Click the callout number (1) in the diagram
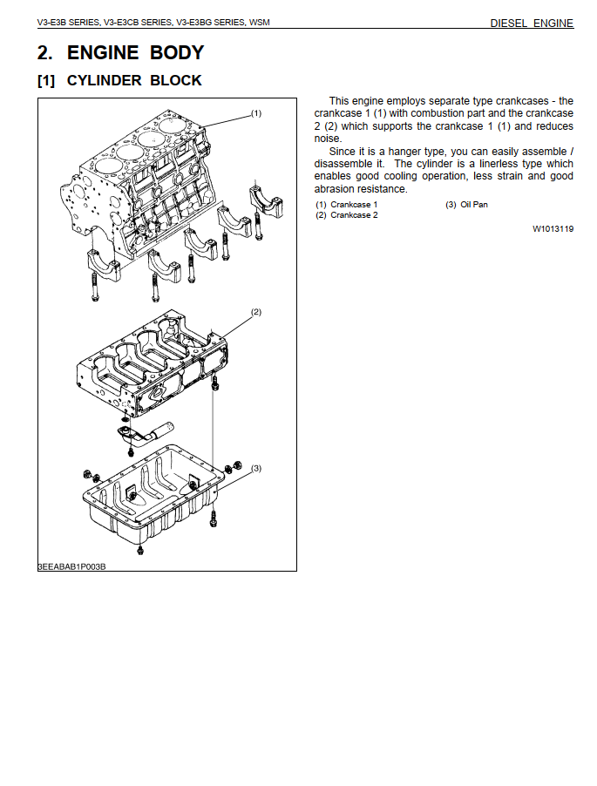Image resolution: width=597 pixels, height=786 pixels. [x=256, y=113]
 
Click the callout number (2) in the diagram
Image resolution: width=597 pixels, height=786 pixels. [x=256, y=312]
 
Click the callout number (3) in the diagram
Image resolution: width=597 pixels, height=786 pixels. [x=256, y=468]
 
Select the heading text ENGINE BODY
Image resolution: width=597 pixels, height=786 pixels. [x=135, y=52]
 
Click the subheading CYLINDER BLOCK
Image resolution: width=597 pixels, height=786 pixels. [x=134, y=80]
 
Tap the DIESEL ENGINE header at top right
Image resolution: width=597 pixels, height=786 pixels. [x=532, y=23]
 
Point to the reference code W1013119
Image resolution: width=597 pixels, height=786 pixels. [x=553, y=229]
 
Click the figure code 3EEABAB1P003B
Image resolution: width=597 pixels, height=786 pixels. [x=71, y=567]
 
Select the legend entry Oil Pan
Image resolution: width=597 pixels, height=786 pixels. [x=474, y=205]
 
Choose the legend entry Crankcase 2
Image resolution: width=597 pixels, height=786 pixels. [x=354, y=215]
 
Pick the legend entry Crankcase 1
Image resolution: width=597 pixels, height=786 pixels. [x=353, y=205]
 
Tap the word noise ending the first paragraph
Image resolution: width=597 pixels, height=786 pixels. [x=328, y=139]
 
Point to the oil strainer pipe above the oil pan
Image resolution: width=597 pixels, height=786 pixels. [x=145, y=434]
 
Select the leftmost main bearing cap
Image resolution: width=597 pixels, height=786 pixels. [x=105, y=264]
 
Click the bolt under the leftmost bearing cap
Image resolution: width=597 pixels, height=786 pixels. [x=95, y=288]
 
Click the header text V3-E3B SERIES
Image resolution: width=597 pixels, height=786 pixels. [x=68, y=23]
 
